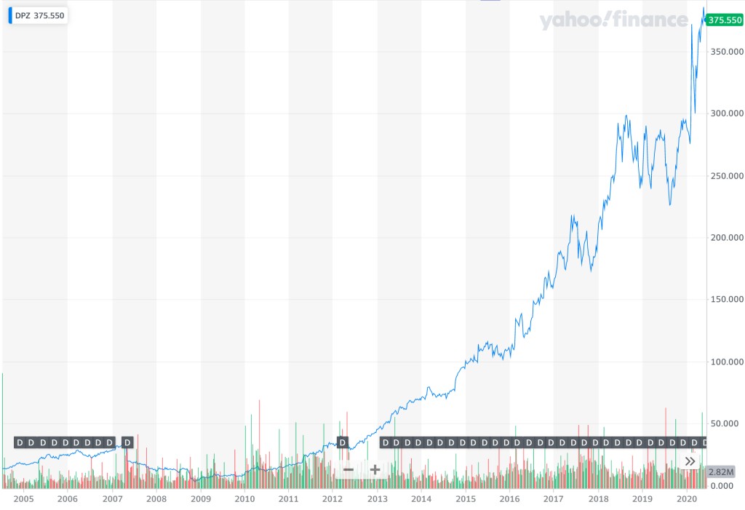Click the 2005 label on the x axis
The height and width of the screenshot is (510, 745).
pyautogui.click(x=24, y=499)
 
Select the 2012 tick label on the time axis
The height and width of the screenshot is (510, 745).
pyautogui.click(x=332, y=499)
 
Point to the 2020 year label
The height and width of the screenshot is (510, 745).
pyautogui.click(x=687, y=499)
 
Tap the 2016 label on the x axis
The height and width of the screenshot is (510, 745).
pyautogui.click(x=509, y=499)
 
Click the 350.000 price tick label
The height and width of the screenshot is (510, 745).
pyautogui.click(x=725, y=52)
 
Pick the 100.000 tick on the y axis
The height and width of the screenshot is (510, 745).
pyautogui.click(x=725, y=362)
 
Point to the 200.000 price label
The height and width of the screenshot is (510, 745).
pyautogui.click(x=725, y=238)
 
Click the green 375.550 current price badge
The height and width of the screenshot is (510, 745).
pyautogui.click(x=725, y=20)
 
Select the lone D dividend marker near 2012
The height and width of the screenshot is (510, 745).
pyautogui.click(x=343, y=442)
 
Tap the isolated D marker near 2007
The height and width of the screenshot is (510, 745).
pyautogui.click(x=127, y=442)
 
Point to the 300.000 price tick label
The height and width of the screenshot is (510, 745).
pyautogui.click(x=725, y=113)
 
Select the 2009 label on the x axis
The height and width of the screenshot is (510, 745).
pyautogui.click(x=201, y=499)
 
